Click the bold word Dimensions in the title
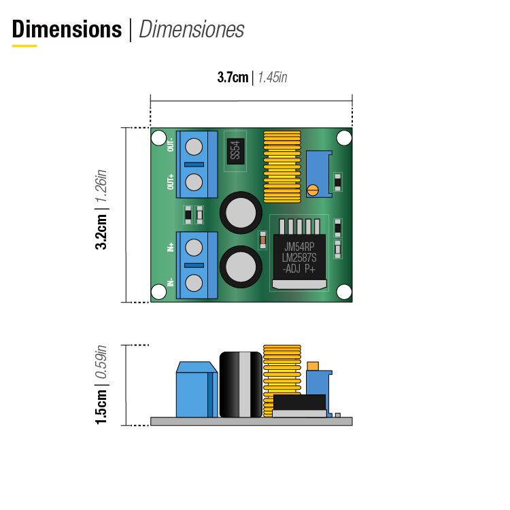(x=67, y=29)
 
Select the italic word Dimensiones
(x=192, y=29)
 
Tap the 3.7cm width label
(x=233, y=78)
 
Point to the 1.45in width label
(x=273, y=78)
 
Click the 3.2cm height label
(x=101, y=232)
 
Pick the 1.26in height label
(x=101, y=186)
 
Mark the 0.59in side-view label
(x=101, y=362)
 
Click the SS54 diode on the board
(x=235, y=151)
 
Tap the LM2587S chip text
(x=299, y=258)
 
